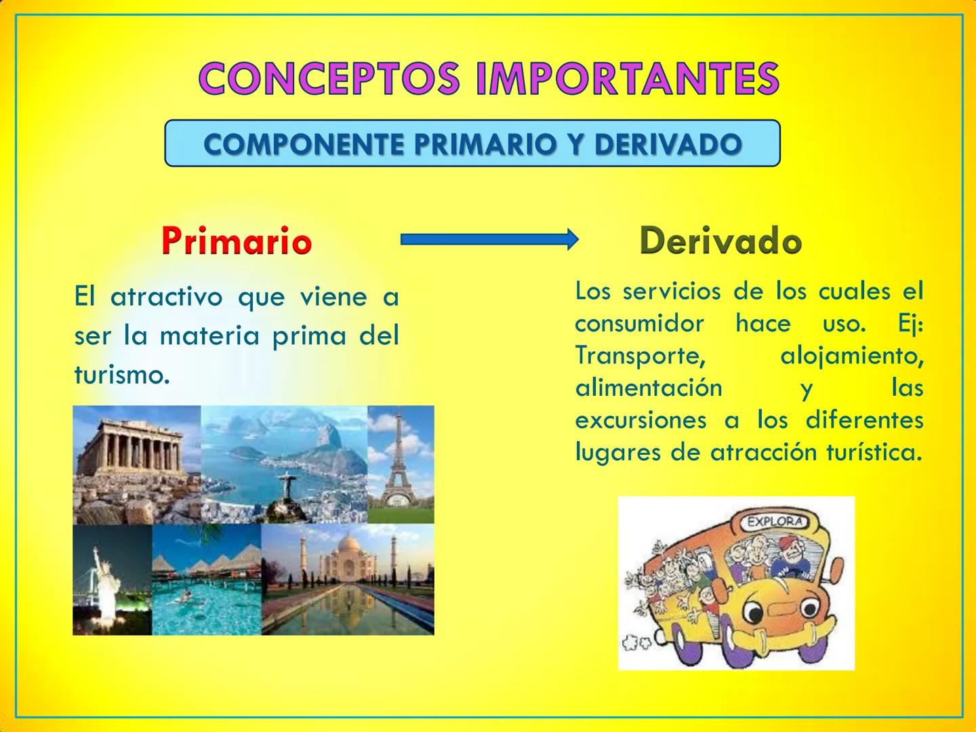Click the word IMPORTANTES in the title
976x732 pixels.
click(x=628, y=78)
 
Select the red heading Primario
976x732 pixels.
click(x=237, y=241)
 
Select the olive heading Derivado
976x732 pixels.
click(x=720, y=241)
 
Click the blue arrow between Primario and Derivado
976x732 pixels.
click(x=488, y=239)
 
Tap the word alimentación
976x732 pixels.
click(x=649, y=388)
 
